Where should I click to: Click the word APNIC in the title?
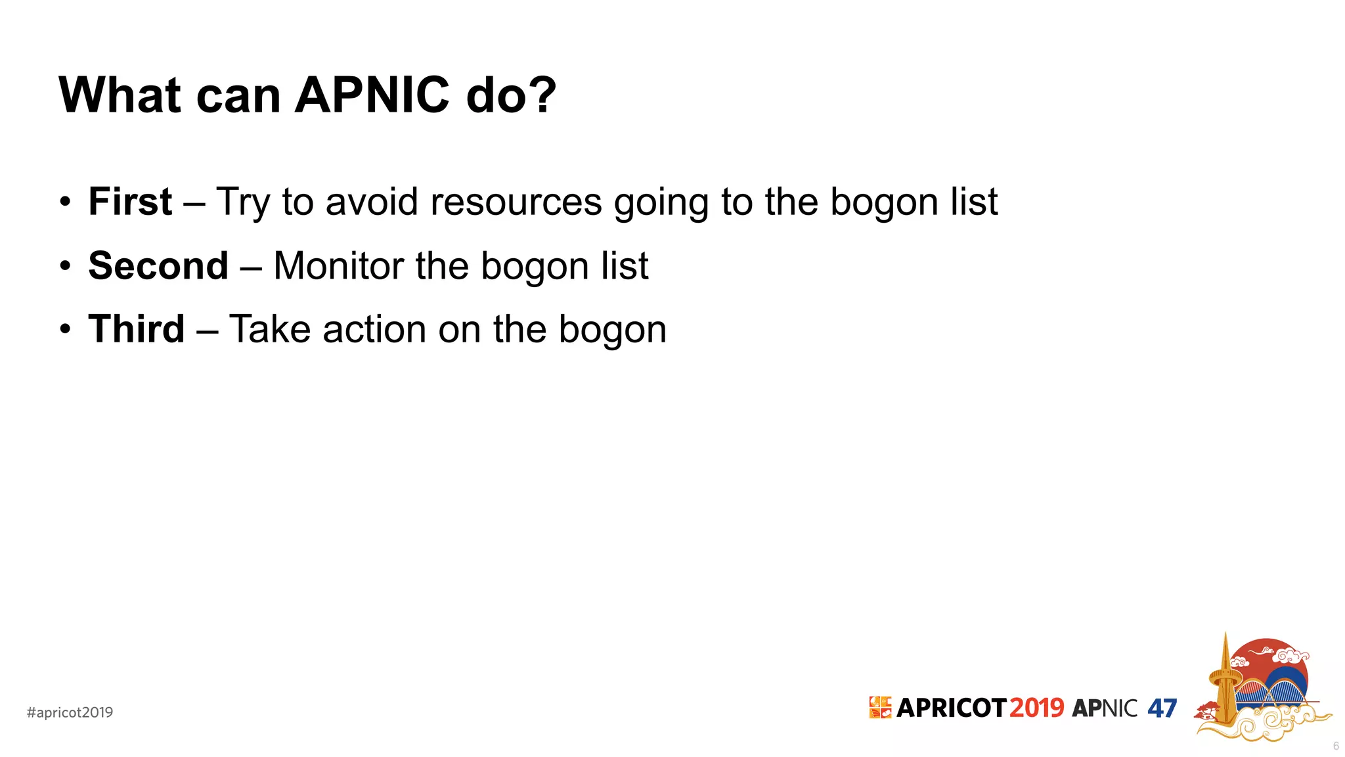[x=372, y=95]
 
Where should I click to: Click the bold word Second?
[x=158, y=265]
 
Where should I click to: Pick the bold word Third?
[x=137, y=329]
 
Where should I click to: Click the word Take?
[x=270, y=329]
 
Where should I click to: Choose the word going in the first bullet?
[x=661, y=202]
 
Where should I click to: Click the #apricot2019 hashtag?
[x=70, y=712]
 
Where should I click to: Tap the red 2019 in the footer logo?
[x=1036, y=708]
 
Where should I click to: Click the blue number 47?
[x=1162, y=708]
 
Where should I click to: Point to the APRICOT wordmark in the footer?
[x=950, y=708]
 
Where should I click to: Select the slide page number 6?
[x=1336, y=746]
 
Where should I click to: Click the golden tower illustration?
[x=1225, y=683]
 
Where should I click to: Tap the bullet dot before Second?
[x=64, y=267]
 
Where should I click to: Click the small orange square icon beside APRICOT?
[x=880, y=707]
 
